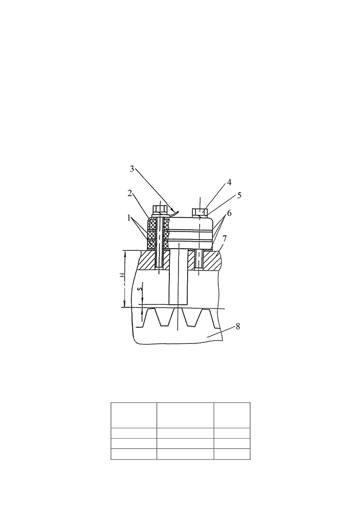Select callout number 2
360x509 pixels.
(x=130, y=194)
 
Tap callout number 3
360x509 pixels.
(x=132, y=169)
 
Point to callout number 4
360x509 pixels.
(x=229, y=182)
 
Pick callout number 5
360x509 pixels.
(x=240, y=196)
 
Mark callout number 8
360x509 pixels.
(x=238, y=326)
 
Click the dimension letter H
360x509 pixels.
(x=122, y=275)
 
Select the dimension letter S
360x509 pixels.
(x=140, y=289)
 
